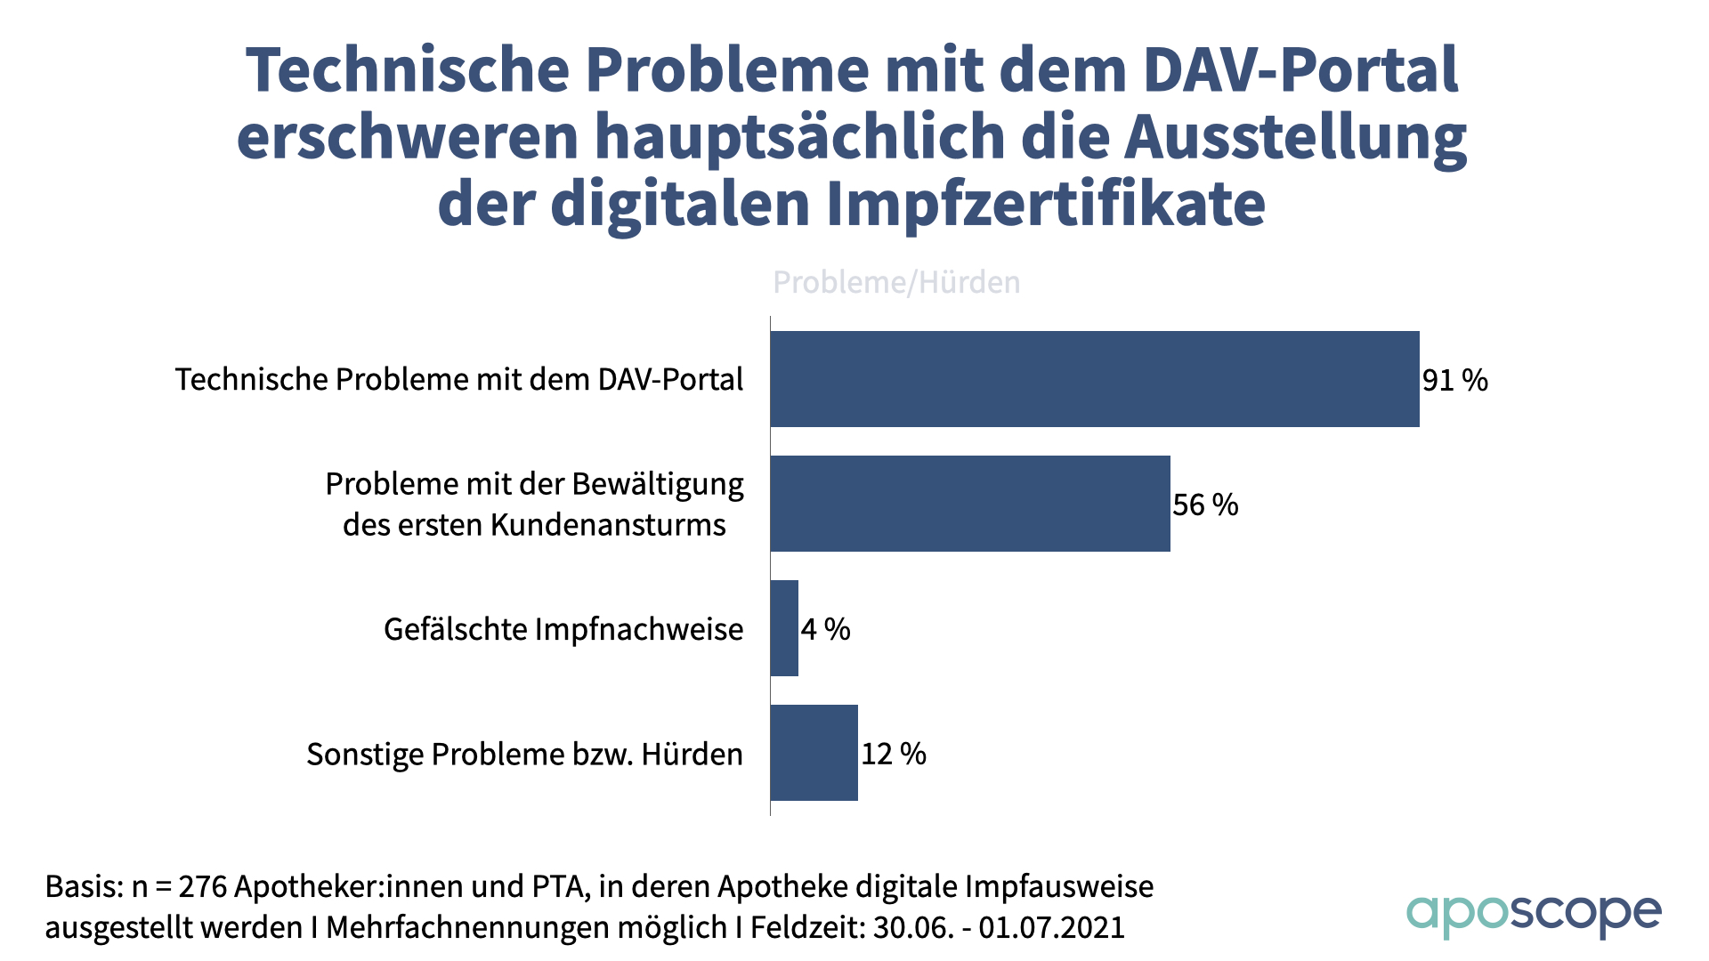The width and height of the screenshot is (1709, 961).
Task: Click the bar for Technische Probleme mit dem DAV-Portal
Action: (1094, 379)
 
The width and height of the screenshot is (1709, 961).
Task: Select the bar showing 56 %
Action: (969, 504)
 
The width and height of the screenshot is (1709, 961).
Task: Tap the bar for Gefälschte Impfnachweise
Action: (784, 628)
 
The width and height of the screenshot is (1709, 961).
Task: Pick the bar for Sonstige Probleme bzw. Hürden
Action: (814, 753)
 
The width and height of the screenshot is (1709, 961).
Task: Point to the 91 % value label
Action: (1454, 381)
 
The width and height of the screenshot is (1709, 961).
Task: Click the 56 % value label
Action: (1205, 505)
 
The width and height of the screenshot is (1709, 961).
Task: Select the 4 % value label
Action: (825, 630)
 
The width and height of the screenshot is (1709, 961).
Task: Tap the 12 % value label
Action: (893, 755)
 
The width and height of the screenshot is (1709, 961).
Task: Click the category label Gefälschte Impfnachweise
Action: (563, 630)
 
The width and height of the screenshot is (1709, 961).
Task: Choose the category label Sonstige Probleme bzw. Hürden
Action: (524, 755)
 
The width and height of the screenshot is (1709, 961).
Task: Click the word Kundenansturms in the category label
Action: (608, 525)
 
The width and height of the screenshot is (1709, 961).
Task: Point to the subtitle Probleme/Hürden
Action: (895, 282)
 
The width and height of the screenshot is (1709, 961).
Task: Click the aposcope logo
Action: (1533, 915)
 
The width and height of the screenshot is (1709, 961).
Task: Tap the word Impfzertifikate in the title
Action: (1045, 205)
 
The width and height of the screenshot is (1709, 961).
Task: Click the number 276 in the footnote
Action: (203, 887)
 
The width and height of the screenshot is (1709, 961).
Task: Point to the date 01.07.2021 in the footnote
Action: (1051, 928)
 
